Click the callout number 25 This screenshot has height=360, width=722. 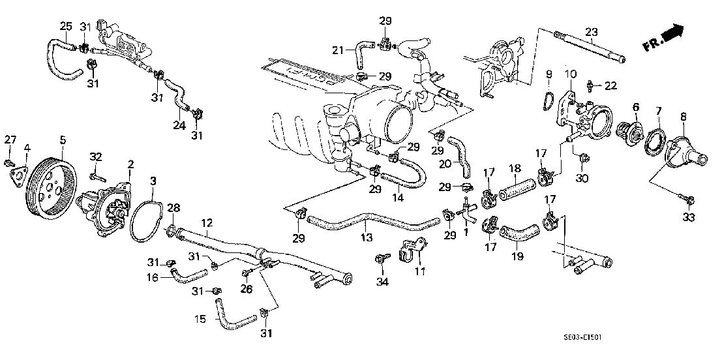point(66,25)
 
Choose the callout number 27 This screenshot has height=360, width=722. point(9,139)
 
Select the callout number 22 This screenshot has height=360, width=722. point(610,86)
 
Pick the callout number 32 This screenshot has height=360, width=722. point(96,157)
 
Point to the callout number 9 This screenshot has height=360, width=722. point(549,73)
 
